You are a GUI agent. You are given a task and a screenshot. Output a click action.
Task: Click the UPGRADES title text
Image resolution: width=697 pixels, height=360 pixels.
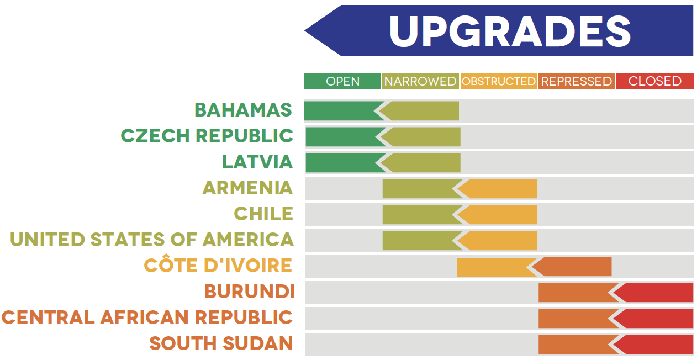tap(510, 31)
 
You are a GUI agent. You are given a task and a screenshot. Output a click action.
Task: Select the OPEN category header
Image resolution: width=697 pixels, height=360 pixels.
tap(342, 81)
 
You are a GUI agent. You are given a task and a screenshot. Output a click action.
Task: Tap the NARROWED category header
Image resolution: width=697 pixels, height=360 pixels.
tap(420, 81)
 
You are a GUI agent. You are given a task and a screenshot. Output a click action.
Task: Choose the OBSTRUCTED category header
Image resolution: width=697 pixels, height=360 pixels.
tap(499, 81)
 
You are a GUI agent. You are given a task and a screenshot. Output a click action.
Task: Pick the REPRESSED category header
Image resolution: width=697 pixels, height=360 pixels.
tap(577, 81)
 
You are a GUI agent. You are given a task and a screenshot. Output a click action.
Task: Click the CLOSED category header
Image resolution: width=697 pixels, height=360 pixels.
tap(655, 81)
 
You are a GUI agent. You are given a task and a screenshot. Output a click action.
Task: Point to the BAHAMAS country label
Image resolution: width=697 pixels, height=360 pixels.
tap(244, 110)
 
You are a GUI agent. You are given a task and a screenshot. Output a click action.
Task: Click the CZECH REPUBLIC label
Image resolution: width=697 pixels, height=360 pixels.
tap(207, 136)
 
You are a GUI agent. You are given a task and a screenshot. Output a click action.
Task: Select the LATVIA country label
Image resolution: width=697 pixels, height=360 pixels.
tap(257, 162)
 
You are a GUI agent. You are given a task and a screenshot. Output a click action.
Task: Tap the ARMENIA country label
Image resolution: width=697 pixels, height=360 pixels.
tap(247, 188)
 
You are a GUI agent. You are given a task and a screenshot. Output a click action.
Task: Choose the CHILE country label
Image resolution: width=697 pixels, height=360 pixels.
tap(263, 214)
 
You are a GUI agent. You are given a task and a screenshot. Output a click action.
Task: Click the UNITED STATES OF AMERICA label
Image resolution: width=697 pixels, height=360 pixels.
tap(152, 240)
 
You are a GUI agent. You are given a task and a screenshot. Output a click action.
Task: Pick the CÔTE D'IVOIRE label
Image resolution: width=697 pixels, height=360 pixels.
tap(218, 266)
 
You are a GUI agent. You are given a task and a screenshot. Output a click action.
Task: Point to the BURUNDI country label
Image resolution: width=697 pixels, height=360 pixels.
tap(250, 292)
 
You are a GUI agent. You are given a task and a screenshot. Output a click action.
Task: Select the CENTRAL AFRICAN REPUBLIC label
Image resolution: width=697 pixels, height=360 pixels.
tap(147, 317)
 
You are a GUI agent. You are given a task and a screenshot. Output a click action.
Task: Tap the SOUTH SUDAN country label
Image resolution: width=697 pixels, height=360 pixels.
tap(221, 343)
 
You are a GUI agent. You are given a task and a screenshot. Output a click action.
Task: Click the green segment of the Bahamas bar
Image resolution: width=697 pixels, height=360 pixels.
tap(341, 111)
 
